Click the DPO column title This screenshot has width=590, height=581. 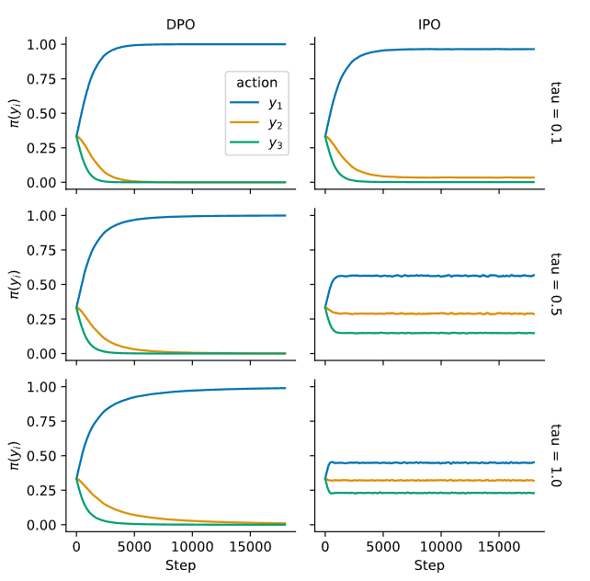181,27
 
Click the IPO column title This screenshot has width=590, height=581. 429,27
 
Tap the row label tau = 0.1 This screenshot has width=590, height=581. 556,112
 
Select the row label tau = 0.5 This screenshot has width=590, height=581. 556,284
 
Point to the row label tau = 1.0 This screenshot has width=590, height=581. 556,455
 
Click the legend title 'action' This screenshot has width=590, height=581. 257,83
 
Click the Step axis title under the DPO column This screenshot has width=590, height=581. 181,565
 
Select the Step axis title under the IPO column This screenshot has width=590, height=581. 429,565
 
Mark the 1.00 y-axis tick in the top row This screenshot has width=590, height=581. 46,44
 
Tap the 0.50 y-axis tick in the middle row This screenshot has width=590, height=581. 46,284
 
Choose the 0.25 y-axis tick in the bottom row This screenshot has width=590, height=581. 46,490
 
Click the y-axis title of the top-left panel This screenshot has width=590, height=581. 16,112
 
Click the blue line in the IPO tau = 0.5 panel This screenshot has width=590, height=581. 432,276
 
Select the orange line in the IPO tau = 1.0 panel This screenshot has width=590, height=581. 432,480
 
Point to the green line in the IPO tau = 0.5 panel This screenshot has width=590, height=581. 432,333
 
